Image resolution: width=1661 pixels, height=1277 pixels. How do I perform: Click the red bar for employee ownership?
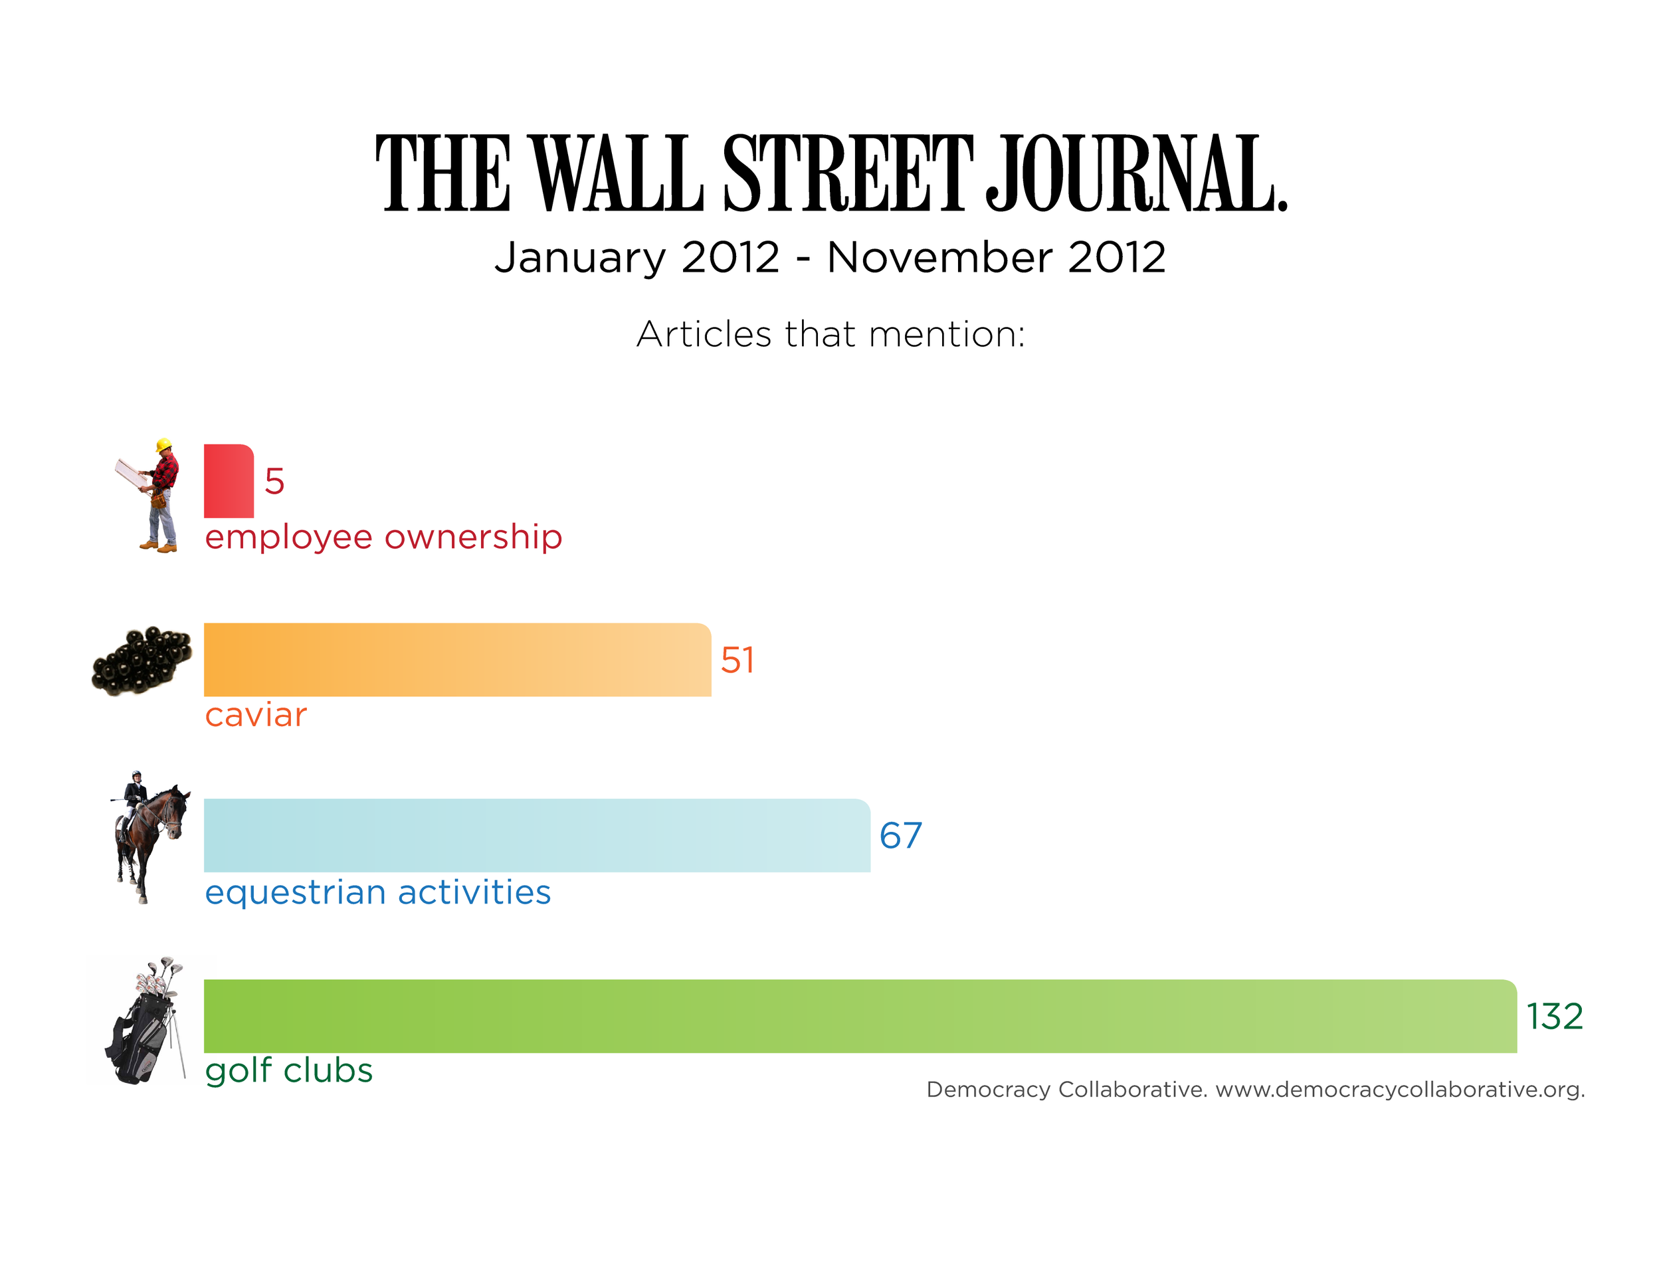[228, 480]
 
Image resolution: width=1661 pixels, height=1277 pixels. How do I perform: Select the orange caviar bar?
[456, 659]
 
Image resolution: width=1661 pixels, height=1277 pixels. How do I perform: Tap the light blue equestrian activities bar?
[536, 835]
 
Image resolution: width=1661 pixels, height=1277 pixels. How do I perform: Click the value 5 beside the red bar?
[274, 481]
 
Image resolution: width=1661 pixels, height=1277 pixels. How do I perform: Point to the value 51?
[737, 660]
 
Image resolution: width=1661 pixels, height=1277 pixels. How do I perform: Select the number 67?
[900, 835]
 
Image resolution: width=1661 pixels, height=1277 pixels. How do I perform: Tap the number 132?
[1554, 1017]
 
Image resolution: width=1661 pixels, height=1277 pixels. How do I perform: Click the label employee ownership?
[383, 537]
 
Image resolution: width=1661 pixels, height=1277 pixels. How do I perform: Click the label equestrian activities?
[377, 892]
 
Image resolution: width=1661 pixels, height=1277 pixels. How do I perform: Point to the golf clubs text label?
[289, 1070]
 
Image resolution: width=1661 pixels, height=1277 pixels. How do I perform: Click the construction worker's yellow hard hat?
[163, 444]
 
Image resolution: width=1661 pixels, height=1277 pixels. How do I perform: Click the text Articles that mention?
[830, 334]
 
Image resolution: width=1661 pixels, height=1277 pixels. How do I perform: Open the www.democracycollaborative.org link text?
[1399, 1089]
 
